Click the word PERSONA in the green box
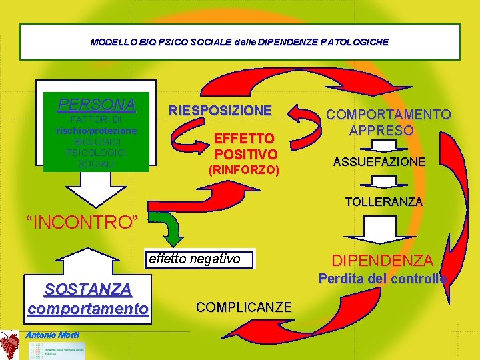pyautogui.click(x=97, y=105)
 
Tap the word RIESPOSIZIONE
pyautogui.click(x=220, y=111)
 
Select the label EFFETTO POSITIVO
pyautogui.click(x=243, y=147)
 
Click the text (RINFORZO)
pyautogui.click(x=243, y=171)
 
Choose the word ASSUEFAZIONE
pyautogui.click(x=389, y=162)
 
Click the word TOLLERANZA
pyautogui.click(x=383, y=201)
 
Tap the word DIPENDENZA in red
pyautogui.click(x=383, y=261)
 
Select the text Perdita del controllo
pyautogui.click(x=382, y=279)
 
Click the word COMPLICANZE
pyautogui.click(x=243, y=307)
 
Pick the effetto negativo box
pyautogui.click(x=199, y=259)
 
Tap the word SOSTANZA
pyautogui.click(x=87, y=289)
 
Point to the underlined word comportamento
pyautogui.click(x=88, y=309)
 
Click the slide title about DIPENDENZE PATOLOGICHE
pyautogui.click(x=239, y=41)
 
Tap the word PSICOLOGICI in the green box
pyautogui.click(x=96, y=153)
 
